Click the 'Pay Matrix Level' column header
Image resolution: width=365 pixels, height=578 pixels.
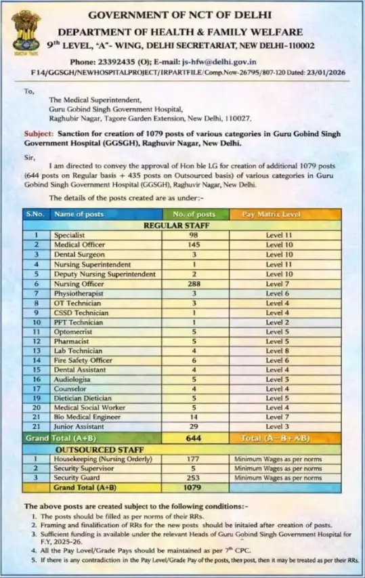coord(277,215)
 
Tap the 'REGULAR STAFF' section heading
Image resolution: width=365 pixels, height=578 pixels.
coord(176,225)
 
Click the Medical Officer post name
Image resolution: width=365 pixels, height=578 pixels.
coord(80,245)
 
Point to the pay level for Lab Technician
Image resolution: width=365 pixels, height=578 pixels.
coord(277,351)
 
